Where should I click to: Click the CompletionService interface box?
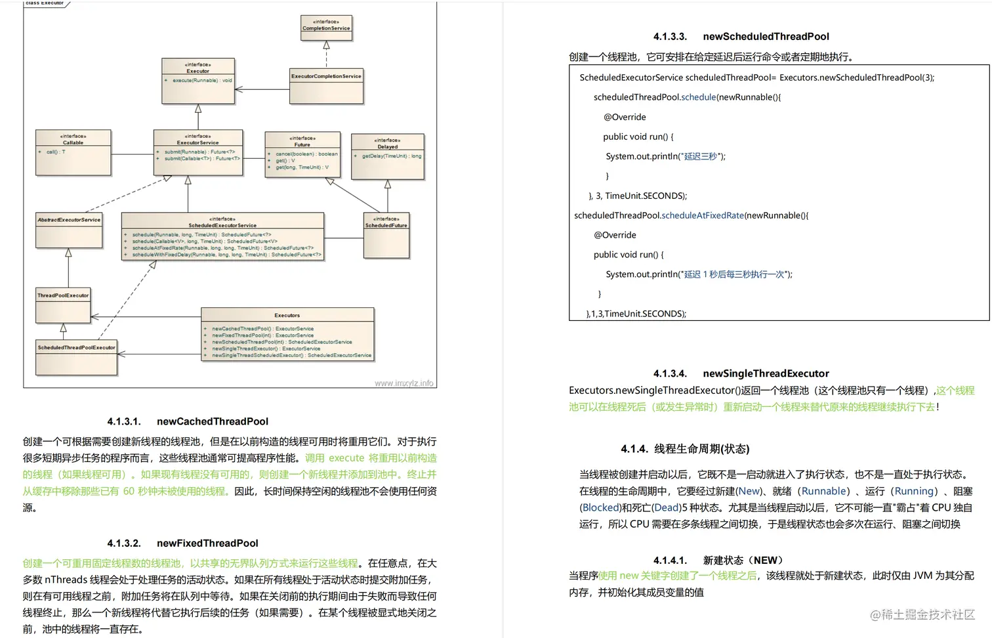click(326, 28)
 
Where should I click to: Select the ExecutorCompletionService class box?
click(326, 85)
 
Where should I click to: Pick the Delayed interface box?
click(387, 156)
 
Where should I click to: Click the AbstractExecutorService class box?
click(69, 229)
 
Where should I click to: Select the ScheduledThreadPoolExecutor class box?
click(76, 356)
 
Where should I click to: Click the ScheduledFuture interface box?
click(386, 234)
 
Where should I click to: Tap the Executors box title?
click(287, 315)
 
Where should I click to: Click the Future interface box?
click(302, 155)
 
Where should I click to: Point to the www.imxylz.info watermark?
click(403, 383)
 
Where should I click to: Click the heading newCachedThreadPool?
click(213, 421)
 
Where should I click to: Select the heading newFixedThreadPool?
click(207, 543)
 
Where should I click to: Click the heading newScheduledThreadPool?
click(766, 37)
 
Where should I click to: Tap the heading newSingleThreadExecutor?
click(766, 373)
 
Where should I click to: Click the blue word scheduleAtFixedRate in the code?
click(703, 215)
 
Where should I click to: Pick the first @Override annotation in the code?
click(625, 117)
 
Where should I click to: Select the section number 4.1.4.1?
click(670, 560)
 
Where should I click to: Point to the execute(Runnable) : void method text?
click(202, 80)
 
